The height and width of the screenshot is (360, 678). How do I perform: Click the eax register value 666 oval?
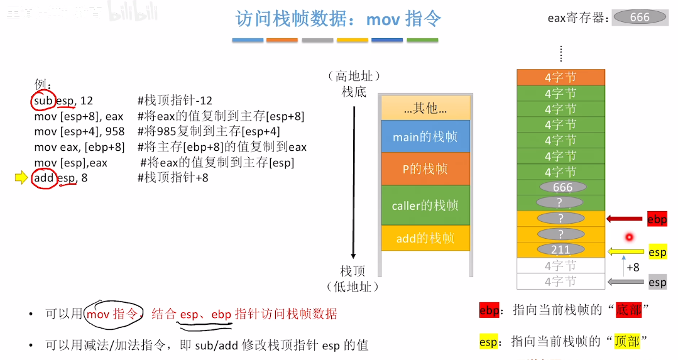640,18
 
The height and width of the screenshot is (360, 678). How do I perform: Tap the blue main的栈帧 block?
425,137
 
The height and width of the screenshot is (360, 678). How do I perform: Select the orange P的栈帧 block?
425,169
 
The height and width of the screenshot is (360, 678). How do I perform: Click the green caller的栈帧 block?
425,205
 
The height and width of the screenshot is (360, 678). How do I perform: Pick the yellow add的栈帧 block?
425,238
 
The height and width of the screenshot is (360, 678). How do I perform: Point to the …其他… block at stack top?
425,108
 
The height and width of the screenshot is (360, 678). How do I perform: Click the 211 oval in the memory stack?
560,250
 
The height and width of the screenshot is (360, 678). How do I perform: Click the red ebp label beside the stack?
657,219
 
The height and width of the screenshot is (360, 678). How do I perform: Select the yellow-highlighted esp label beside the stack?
657,253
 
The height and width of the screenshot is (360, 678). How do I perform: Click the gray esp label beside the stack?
657,282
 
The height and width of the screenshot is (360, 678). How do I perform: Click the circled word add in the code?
44,178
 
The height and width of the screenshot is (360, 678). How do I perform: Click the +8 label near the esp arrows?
633,267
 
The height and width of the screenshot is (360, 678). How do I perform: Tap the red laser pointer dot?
628,237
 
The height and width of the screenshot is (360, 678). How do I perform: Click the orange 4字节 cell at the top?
560,77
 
